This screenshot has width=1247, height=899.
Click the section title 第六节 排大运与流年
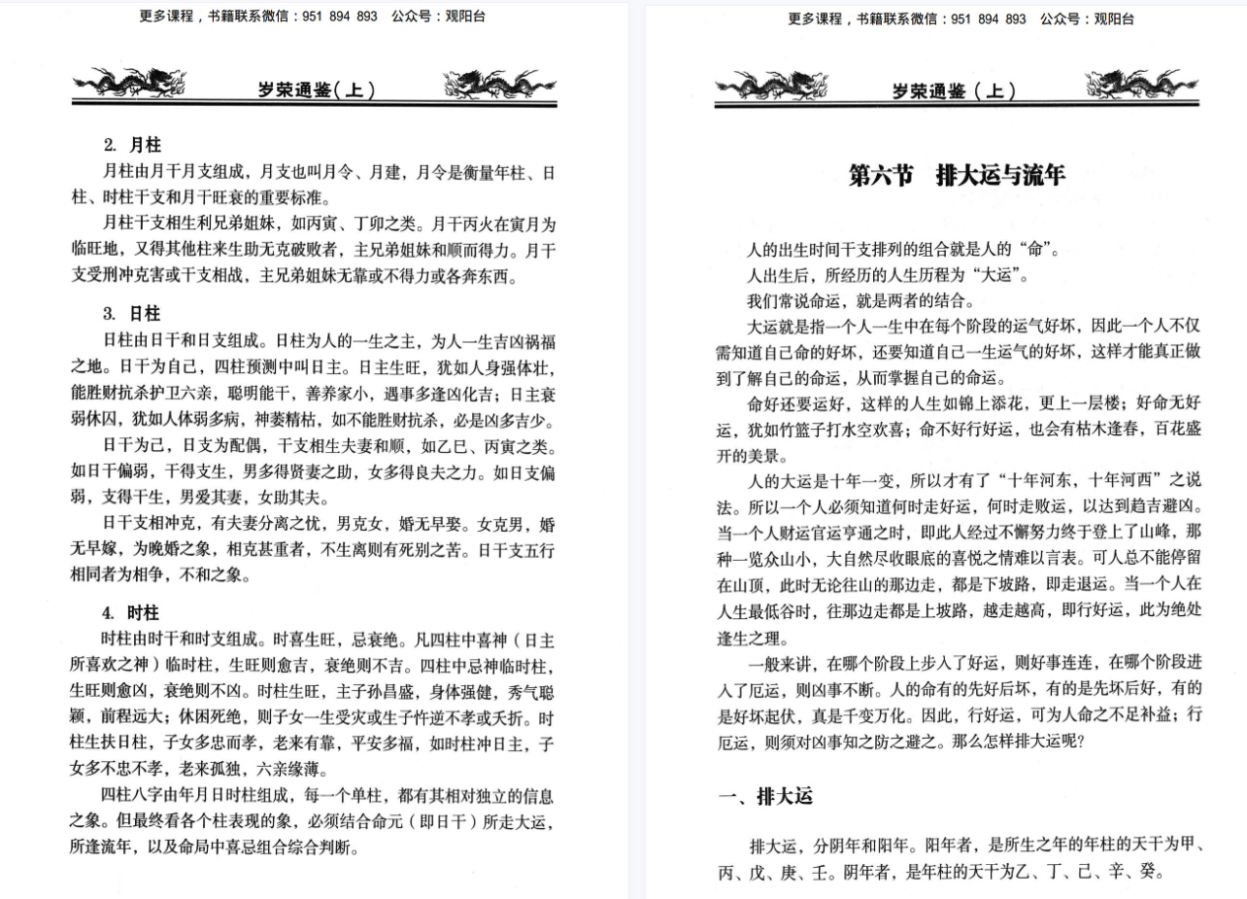coord(956,176)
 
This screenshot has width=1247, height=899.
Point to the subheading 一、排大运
coord(765,797)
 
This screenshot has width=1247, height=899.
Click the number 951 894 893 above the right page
coord(988,18)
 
